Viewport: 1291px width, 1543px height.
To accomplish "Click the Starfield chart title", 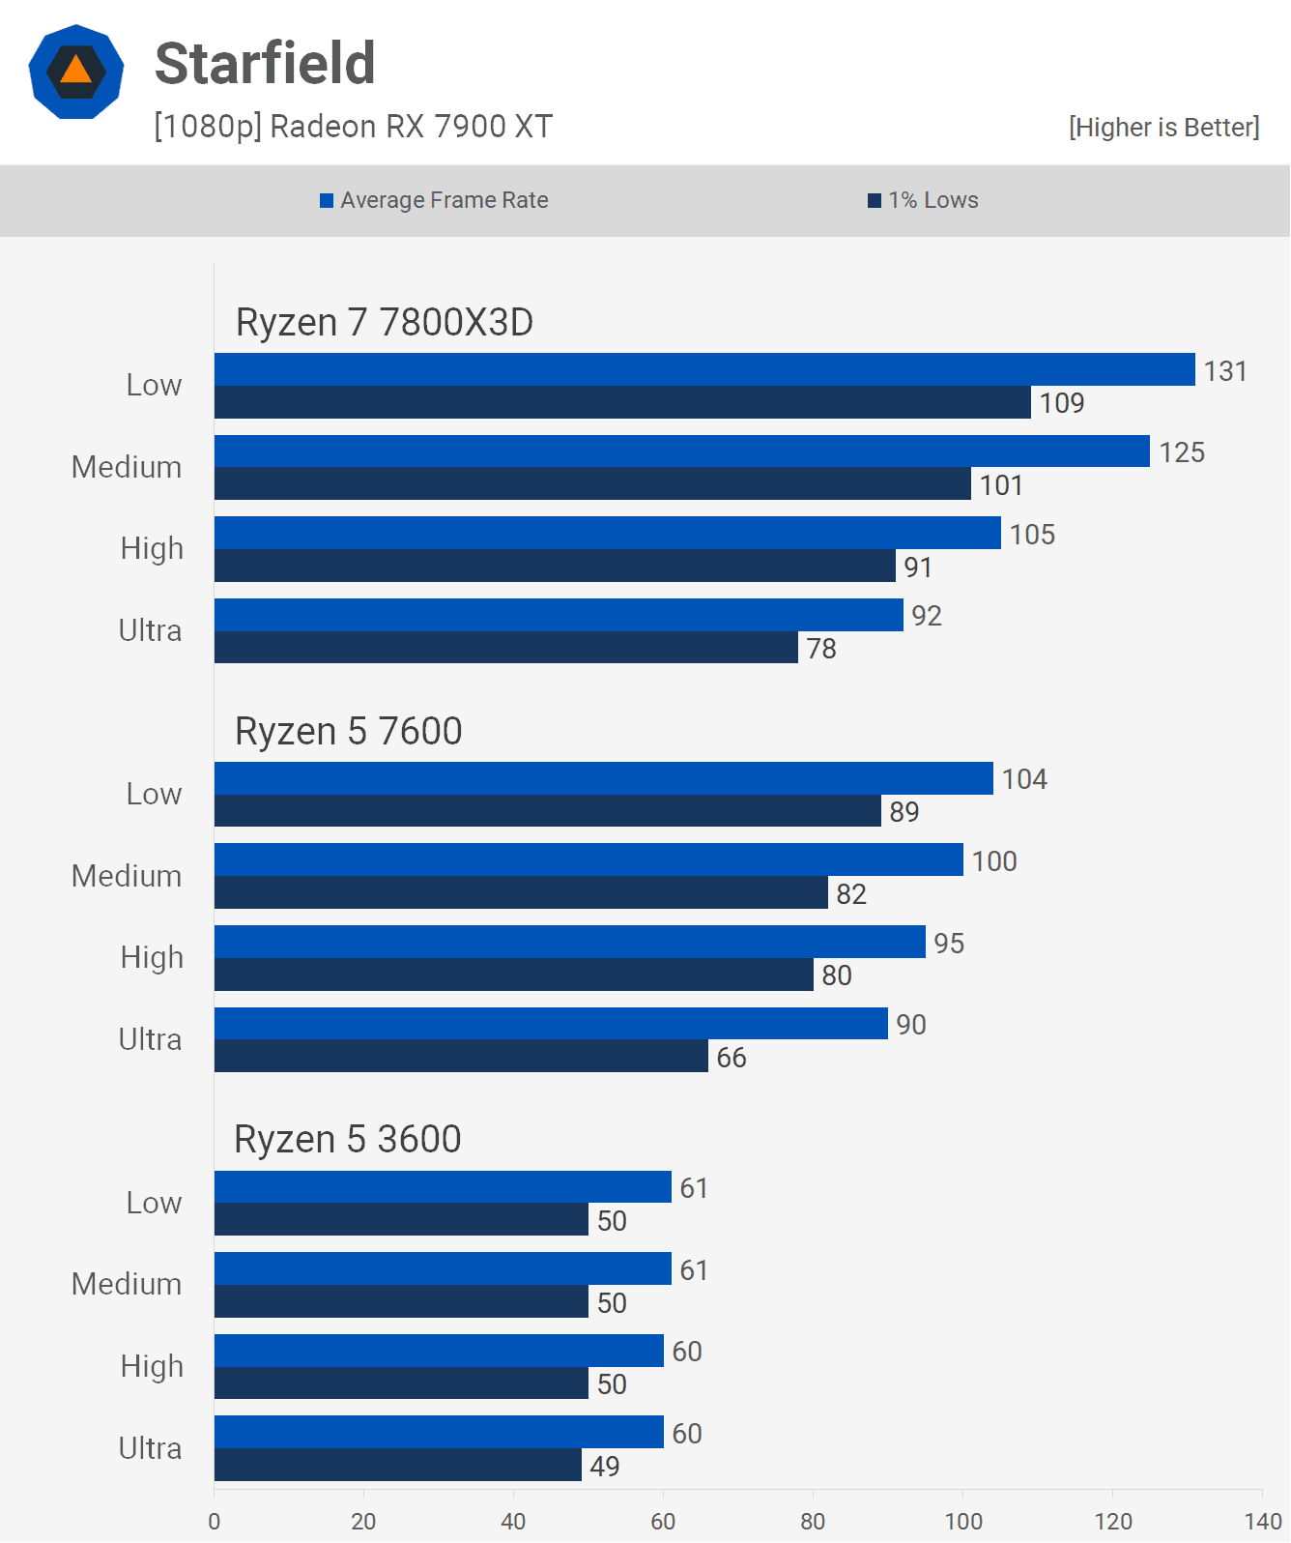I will pyautogui.click(x=265, y=64).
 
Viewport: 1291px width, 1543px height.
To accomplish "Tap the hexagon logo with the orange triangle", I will pyautogui.click(x=76, y=72).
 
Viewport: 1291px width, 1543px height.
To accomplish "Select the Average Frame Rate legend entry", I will pyautogui.click(x=434, y=200).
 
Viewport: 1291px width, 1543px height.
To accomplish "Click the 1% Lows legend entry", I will pyautogui.click(x=923, y=200).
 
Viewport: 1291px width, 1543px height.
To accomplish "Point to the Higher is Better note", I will pyautogui.click(x=1163, y=128).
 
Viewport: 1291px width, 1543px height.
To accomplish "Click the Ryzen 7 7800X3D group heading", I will pyautogui.click(x=385, y=323).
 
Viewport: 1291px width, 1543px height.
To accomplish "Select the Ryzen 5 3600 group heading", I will pyautogui.click(x=348, y=1140).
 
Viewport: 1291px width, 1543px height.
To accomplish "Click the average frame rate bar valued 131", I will pyautogui.click(x=704, y=369).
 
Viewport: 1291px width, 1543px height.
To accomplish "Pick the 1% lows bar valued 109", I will pyautogui.click(x=622, y=403).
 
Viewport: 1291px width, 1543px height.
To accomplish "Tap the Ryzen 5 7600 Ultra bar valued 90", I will pyautogui.click(x=551, y=1024).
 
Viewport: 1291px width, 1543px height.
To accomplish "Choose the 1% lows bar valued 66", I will pyautogui.click(x=461, y=1057).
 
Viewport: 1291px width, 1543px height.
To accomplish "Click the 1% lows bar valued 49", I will pyautogui.click(x=397, y=1466).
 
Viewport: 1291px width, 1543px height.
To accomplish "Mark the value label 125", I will pyautogui.click(x=1182, y=452).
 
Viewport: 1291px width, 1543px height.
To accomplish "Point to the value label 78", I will pyautogui.click(x=821, y=649).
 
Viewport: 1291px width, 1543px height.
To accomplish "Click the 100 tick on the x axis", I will pyautogui.click(x=963, y=1521).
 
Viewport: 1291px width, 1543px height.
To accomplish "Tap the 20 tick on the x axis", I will pyautogui.click(x=363, y=1521).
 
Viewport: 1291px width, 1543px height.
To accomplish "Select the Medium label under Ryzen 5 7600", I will pyautogui.click(x=127, y=876).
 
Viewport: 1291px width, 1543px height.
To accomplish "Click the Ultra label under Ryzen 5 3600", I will pyautogui.click(x=150, y=1448).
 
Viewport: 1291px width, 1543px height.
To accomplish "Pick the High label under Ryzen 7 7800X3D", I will pyautogui.click(x=152, y=548).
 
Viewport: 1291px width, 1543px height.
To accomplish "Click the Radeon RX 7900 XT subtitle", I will pyautogui.click(x=354, y=127).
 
